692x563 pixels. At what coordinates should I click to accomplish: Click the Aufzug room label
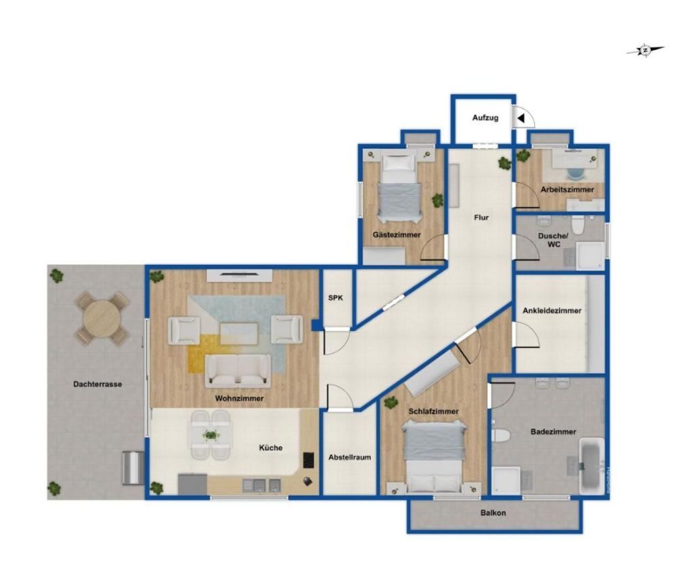click(x=485, y=118)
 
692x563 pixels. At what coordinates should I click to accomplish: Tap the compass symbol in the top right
click(x=645, y=49)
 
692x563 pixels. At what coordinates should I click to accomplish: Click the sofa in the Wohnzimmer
click(x=238, y=370)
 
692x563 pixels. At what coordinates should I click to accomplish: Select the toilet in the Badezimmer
click(x=501, y=435)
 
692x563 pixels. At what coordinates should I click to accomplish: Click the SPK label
click(x=335, y=297)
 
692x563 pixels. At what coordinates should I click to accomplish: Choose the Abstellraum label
click(x=349, y=457)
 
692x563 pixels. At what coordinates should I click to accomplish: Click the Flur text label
click(x=480, y=218)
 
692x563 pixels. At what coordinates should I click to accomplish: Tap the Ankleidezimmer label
click(x=551, y=311)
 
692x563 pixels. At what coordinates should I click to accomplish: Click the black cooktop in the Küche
click(x=309, y=460)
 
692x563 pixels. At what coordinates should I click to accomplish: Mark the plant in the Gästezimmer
click(x=438, y=200)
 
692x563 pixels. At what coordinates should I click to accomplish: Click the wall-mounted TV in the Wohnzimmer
click(x=240, y=274)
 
